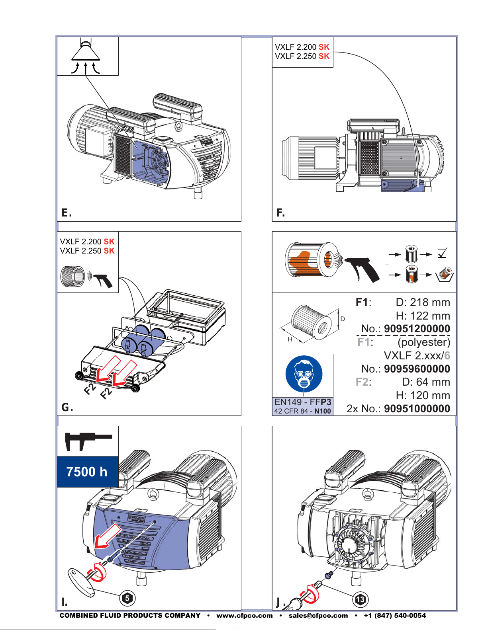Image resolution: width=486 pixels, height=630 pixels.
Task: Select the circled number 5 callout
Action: [127, 598]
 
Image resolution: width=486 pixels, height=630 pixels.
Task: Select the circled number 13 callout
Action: [360, 599]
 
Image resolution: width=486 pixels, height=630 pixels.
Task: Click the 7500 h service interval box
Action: [88, 472]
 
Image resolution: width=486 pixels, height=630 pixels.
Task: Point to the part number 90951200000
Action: [417, 328]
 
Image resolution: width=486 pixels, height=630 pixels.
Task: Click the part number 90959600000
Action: [417, 369]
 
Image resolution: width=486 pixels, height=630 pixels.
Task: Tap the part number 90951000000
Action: [417, 408]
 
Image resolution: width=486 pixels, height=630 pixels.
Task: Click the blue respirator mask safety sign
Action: [304, 374]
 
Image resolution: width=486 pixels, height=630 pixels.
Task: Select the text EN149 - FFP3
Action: [303, 402]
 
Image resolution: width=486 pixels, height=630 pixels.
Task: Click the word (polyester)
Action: [424, 342]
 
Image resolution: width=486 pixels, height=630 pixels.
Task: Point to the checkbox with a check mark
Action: [442, 254]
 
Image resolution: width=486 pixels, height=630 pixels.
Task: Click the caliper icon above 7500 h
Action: [88, 441]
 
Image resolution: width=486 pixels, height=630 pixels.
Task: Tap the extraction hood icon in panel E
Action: [86, 57]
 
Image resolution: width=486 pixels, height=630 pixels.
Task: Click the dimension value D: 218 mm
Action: [423, 302]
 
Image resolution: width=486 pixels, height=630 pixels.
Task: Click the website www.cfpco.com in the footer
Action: [244, 616]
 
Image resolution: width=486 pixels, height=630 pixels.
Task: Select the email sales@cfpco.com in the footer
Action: [318, 616]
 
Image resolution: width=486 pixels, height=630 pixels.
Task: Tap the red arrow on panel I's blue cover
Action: [107, 536]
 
